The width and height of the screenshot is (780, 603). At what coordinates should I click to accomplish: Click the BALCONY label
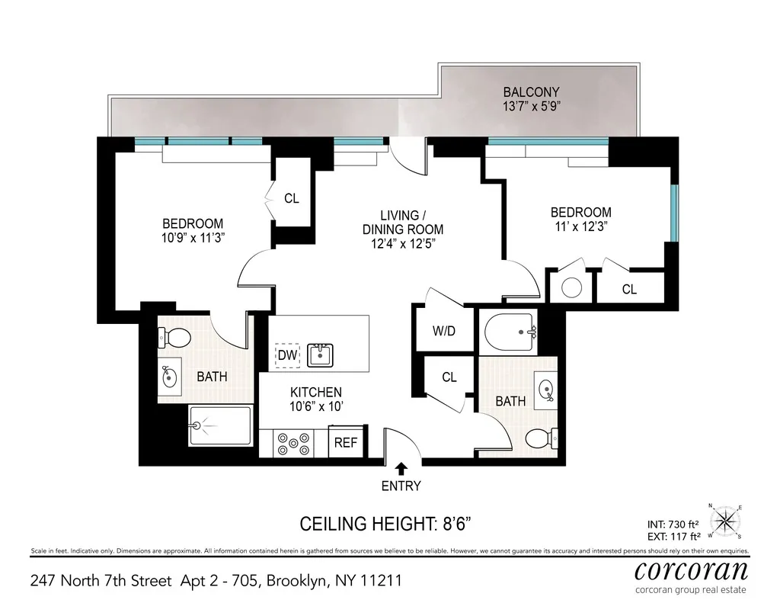tap(532, 92)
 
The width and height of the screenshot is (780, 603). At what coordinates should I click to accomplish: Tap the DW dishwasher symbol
tap(286, 355)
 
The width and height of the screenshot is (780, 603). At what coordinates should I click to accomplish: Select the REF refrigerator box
tap(346, 442)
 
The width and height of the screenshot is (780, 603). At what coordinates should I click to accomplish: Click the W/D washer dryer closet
tap(443, 331)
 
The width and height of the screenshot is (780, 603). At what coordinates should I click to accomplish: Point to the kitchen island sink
tap(319, 354)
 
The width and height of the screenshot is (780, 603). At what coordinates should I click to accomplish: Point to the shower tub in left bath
tap(220, 425)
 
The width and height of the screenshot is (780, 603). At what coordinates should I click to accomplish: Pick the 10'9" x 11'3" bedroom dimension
tap(193, 237)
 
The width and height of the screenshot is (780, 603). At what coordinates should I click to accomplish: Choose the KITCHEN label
tap(315, 392)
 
